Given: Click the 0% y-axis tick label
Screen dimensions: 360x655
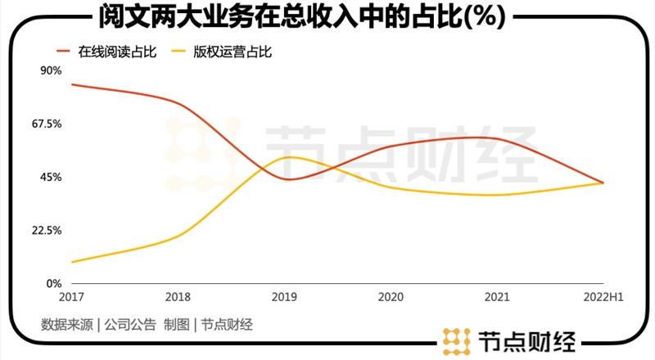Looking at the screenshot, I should click(54, 283).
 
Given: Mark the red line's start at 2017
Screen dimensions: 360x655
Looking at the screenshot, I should click(72, 84).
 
